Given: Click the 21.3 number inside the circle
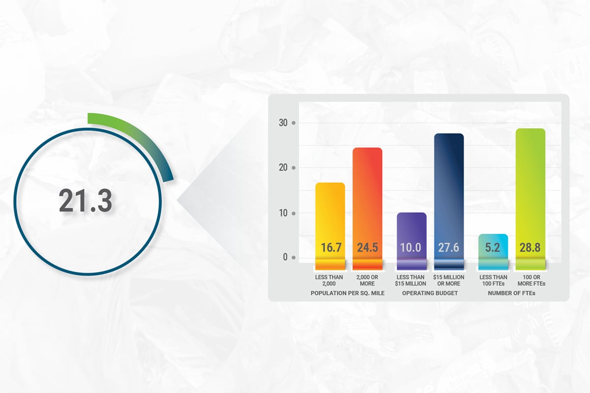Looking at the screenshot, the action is [x=86, y=200].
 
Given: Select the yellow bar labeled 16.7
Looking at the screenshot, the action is [x=330, y=226].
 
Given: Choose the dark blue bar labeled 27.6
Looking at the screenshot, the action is [x=449, y=201].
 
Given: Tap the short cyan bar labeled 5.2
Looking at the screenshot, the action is [x=493, y=252].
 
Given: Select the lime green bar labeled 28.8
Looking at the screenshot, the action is [x=531, y=199].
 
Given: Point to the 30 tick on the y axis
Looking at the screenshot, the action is [x=283, y=123].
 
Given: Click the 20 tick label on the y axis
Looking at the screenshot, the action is [x=283, y=168].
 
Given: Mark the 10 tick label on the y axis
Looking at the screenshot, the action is [x=283, y=213].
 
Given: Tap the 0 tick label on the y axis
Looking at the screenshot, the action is [x=285, y=257].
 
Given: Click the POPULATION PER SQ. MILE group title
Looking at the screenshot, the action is [x=348, y=293].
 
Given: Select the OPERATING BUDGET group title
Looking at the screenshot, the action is [x=430, y=293].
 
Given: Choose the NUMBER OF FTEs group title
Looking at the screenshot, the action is [x=511, y=293].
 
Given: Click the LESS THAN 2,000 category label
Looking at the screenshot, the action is [x=329, y=281].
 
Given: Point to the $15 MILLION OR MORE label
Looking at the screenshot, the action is [x=449, y=281].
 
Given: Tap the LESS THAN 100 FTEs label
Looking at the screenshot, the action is [x=493, y=281].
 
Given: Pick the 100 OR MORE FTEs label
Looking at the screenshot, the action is [x=531, y=281].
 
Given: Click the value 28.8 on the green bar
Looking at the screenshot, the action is [x=530, y=248].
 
